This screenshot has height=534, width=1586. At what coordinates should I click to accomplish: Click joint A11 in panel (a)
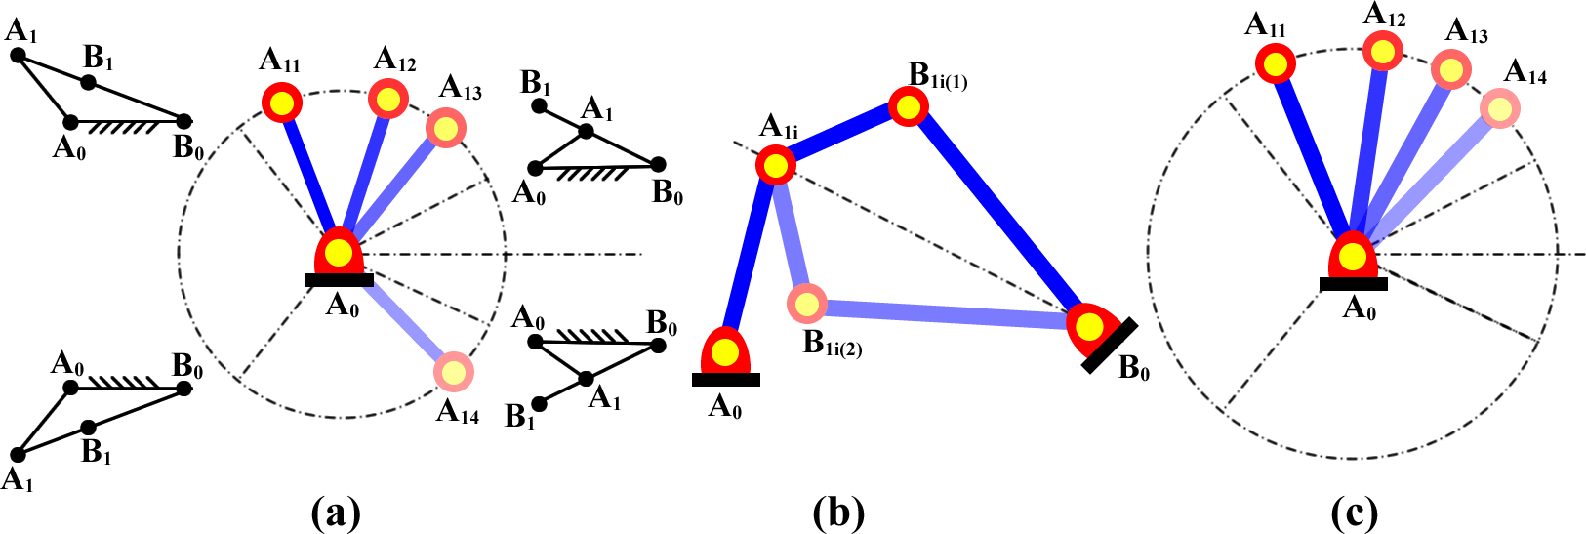283,102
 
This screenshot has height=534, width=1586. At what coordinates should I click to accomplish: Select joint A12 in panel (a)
387,99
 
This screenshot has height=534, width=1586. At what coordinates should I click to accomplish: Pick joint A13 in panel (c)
1451,69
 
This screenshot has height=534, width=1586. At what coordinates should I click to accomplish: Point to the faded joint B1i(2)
806,305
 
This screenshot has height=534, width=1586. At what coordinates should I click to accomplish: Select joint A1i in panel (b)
776,165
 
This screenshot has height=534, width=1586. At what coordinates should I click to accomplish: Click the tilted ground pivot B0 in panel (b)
1091,326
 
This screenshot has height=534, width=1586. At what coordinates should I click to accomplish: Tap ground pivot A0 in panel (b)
724,352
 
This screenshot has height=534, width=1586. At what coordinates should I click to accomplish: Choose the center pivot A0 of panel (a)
339,253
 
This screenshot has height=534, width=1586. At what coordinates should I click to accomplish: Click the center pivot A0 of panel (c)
1353,258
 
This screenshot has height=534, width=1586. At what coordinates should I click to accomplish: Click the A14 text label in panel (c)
1525,72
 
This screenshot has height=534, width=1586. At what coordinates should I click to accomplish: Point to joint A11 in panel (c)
1275,65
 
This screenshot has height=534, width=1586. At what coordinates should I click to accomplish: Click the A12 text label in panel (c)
1385,15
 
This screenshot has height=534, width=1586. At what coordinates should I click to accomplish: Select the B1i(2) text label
832,345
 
